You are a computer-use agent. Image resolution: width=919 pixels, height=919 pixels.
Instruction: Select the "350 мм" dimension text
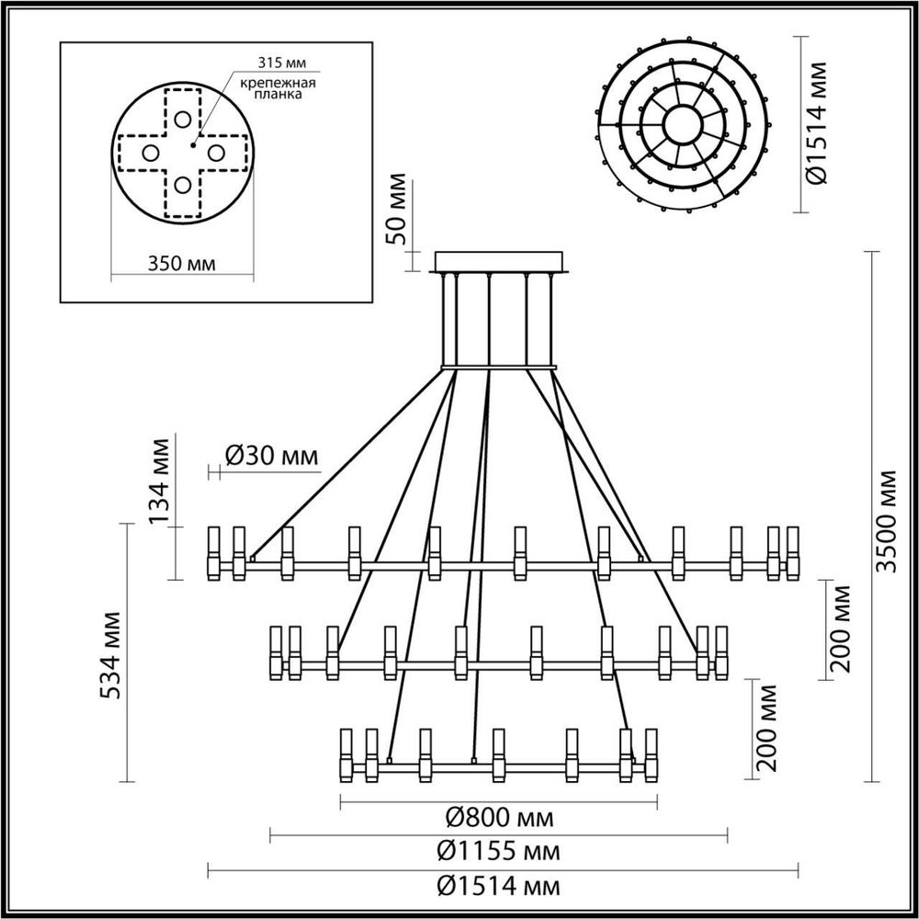182,264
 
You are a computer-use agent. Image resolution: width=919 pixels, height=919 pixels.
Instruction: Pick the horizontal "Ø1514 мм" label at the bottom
498,886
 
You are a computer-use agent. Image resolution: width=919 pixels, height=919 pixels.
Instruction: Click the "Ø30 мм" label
272,455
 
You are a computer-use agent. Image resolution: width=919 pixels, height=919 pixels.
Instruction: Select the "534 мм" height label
110,652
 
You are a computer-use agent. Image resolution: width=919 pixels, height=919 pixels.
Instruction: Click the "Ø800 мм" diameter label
499,818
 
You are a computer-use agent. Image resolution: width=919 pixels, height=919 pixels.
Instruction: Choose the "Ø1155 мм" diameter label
498,851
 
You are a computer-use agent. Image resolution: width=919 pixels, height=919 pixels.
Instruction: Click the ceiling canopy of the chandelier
500,262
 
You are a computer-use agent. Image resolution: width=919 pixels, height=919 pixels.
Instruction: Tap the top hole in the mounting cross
183,119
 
